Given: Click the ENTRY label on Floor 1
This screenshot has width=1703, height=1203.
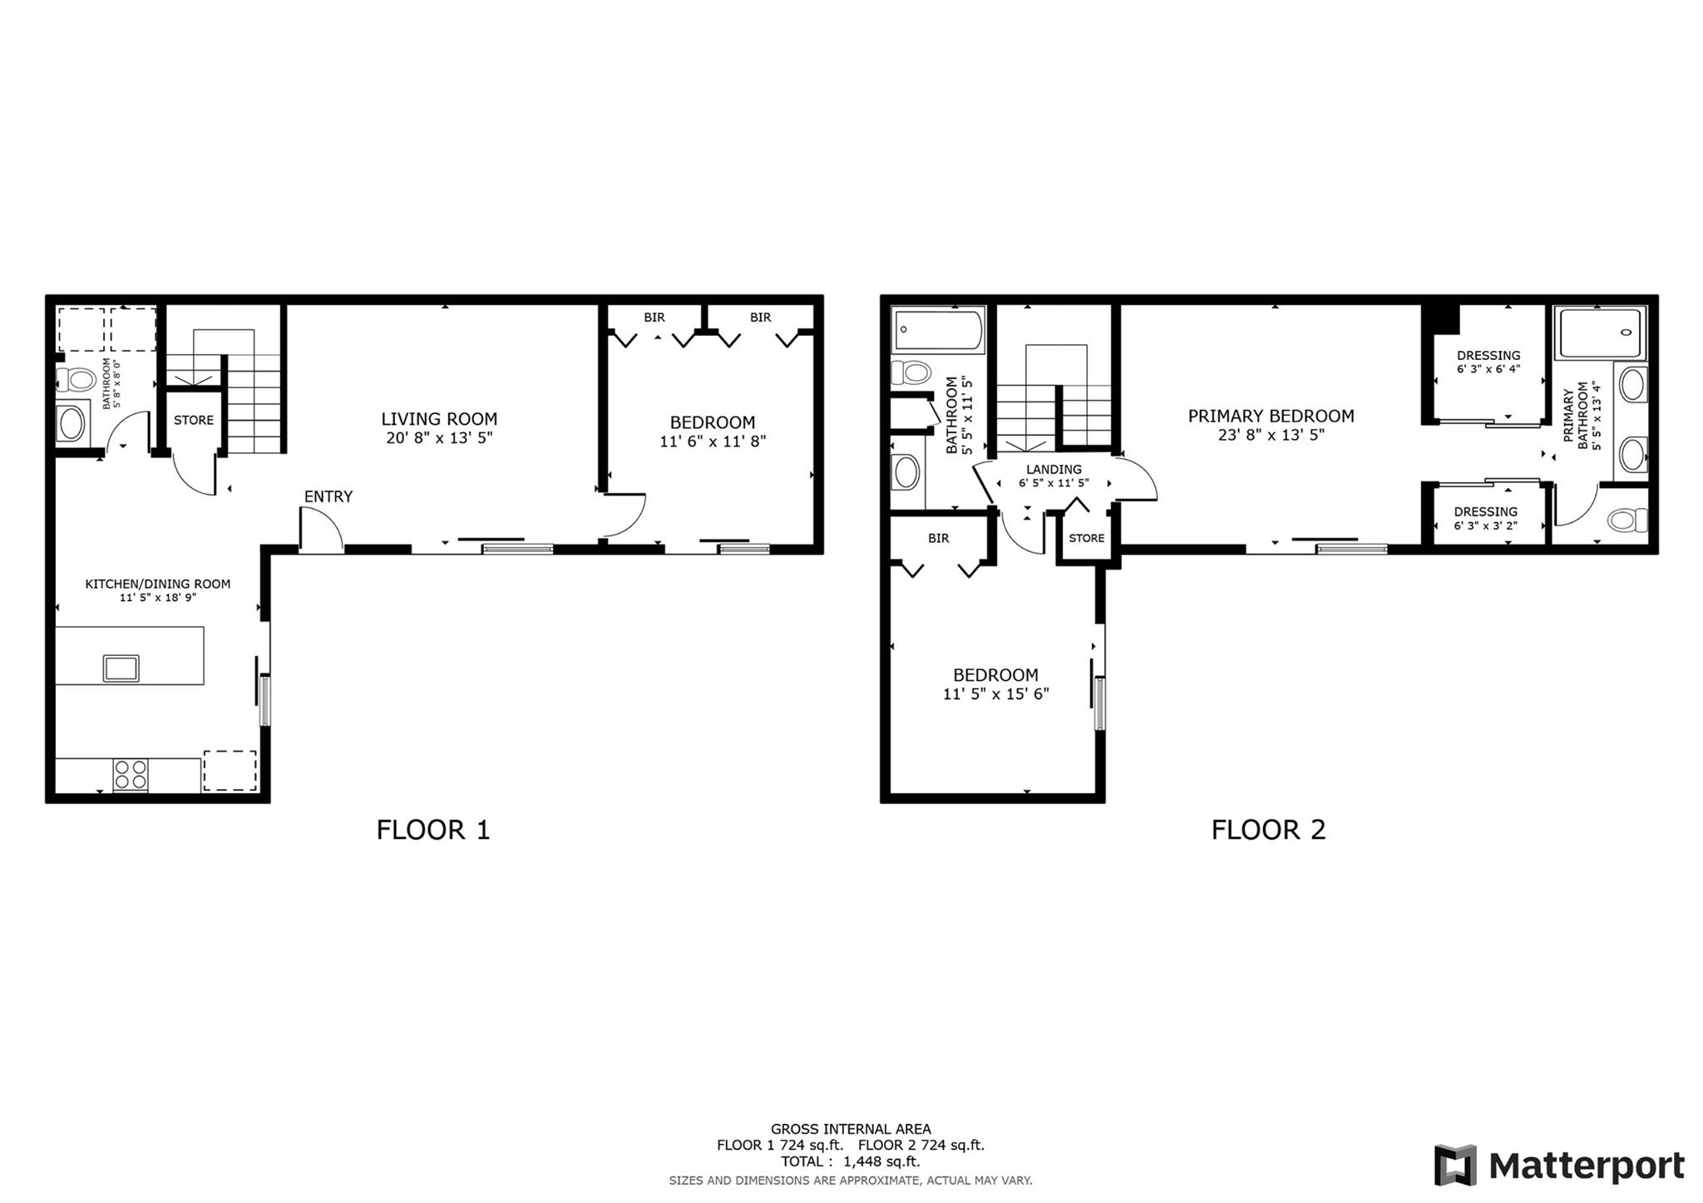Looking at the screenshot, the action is [328, 496].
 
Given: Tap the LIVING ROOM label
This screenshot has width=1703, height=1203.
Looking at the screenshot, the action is [439, 419].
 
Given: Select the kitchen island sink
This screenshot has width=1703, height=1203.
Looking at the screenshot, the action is [121, 668].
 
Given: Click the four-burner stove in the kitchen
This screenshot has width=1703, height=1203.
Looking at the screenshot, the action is [131, 775].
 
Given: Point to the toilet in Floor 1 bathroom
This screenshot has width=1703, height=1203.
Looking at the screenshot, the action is [76, 380].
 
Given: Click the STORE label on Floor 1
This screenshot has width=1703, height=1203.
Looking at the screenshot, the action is [194, 420].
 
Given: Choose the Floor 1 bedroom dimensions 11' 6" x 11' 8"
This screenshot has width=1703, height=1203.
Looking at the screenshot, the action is [713, 441].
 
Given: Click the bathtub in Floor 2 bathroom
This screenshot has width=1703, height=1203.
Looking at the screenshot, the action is [938, 329].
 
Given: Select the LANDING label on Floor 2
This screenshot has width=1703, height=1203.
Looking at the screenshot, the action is [1054, 469].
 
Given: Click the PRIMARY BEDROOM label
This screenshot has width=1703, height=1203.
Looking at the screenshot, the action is [1271, 416].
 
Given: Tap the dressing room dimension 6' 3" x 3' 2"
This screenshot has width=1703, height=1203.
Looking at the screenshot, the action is [1486, 525].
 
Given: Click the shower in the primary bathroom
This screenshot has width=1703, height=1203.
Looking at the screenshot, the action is [1601, 333].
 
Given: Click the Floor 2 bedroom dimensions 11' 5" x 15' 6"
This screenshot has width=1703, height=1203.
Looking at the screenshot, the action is [995, 693].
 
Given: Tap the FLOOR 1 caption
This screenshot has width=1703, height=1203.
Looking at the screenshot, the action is [433, 829].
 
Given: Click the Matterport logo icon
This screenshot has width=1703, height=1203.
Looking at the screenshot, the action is [1454, 1165].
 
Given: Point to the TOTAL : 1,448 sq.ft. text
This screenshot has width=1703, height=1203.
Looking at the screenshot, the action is [850, 1161].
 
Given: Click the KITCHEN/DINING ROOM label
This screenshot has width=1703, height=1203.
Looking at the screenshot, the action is [158, 584].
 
